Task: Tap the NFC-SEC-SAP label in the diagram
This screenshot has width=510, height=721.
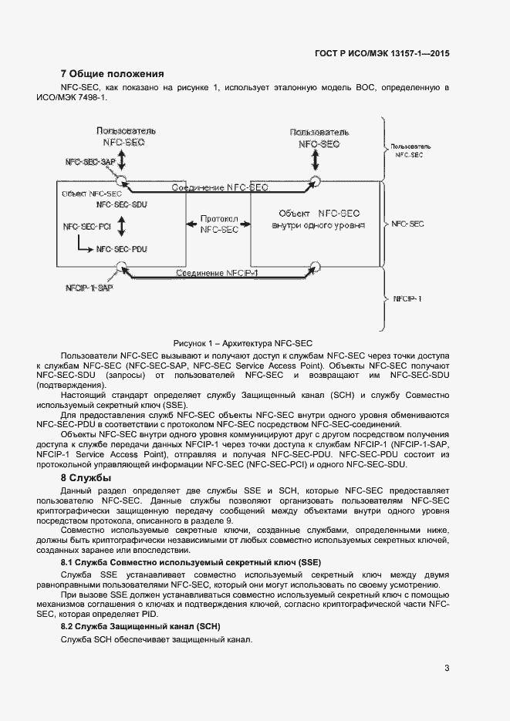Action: [x=90, y=163]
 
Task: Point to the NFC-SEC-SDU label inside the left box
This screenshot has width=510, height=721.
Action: [x=122, y=205]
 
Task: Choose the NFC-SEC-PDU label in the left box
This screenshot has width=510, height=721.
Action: [x=122, y=249]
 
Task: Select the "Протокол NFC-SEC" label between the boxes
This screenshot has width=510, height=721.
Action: [x=219, y=224]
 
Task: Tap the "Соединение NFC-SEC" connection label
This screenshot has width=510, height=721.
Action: [x=220, y=187]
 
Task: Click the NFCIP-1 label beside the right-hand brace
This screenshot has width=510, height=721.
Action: [x=407, y=298]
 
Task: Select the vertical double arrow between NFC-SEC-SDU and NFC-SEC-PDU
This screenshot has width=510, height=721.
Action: [x=121, y=226]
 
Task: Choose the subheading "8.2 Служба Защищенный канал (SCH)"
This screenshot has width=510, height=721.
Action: [x=140, y=627]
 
